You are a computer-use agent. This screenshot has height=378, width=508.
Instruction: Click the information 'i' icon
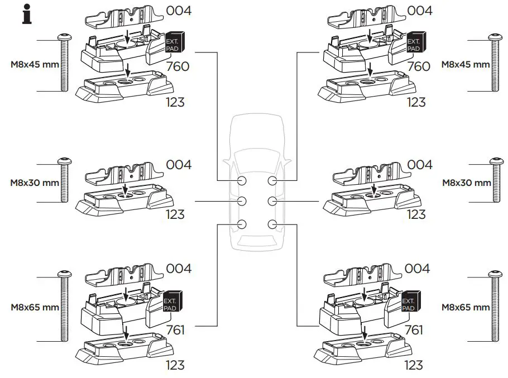click(x=26, y=14)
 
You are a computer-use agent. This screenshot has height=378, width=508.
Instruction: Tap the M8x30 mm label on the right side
click(x=466, y=183)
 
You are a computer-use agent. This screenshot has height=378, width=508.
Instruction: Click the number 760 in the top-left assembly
click(x=178, y=66)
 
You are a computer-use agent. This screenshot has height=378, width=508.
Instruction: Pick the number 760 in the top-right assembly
click(x=419, y=66)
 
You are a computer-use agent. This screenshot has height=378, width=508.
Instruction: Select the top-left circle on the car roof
click(x=242, y=181)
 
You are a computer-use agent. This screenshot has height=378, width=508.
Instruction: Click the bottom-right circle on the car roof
click(x=272, y=224)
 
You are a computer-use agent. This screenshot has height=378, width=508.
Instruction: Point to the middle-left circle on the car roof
click(x=242, y=201)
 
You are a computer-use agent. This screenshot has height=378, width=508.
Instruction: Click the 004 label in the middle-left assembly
click(x=179, y=165)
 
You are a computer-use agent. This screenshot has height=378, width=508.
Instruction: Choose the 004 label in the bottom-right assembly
click(x=417, y=269)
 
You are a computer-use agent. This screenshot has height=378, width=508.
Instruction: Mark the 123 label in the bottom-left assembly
click(x=175, y=366)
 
